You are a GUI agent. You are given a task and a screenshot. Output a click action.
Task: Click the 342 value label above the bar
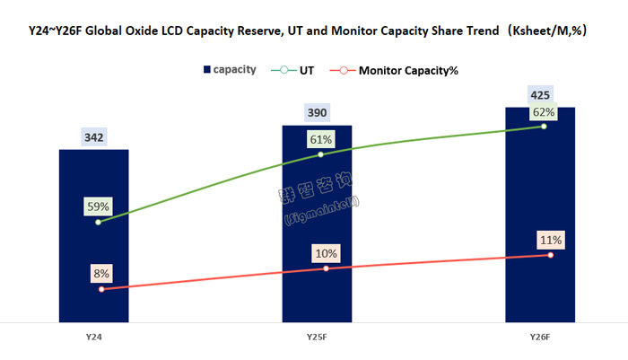coord(94,137)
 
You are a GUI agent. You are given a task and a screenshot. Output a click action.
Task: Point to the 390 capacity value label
coord(318,113)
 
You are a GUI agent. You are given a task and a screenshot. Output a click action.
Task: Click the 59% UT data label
coord(99,206)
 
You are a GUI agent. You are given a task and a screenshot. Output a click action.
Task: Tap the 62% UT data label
coord(543,113)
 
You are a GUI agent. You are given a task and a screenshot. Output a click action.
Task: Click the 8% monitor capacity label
coord(101,274)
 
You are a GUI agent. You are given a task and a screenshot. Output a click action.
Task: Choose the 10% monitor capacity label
coord(326,253)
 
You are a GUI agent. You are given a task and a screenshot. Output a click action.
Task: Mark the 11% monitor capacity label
coord(550,240)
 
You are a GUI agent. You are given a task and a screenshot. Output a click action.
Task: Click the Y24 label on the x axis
coord(93,337)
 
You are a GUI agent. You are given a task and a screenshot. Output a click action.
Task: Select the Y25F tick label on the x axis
coord(317,337)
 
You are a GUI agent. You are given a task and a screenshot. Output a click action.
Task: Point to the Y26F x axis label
coord(539,337)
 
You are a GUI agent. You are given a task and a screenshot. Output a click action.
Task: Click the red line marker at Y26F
coord(550,256)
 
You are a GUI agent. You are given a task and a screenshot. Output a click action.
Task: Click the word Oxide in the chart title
coord(153,31)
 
